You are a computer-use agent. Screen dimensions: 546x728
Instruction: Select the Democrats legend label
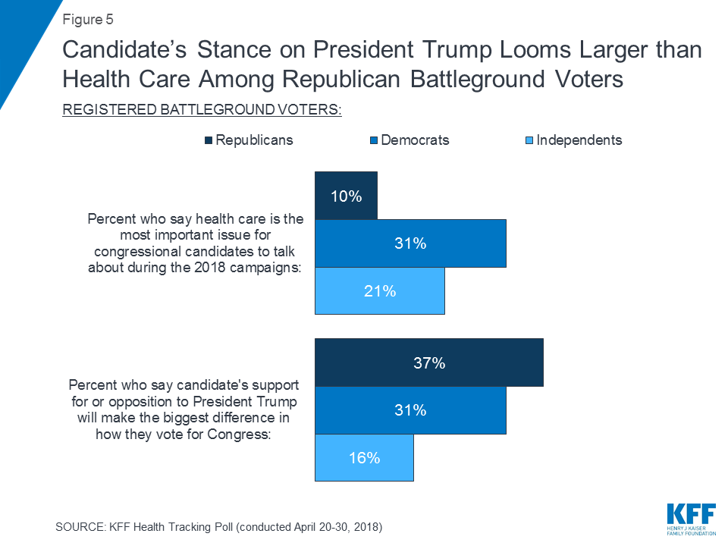click(x=415, y=140)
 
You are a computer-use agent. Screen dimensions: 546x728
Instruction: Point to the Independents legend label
click(x=579, y=140)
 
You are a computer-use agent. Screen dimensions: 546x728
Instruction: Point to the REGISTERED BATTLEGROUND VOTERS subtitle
click(x=202, y=110)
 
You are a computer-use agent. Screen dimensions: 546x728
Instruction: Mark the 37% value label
click(x=429, y=363)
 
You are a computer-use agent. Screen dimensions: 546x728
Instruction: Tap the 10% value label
click(x=346, y=196)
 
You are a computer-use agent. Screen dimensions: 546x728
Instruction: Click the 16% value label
click(x=364, y=457)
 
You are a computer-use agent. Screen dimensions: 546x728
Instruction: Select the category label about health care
click(x=196, y=243)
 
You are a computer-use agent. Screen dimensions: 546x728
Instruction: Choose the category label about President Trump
click(x=184, y=409)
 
